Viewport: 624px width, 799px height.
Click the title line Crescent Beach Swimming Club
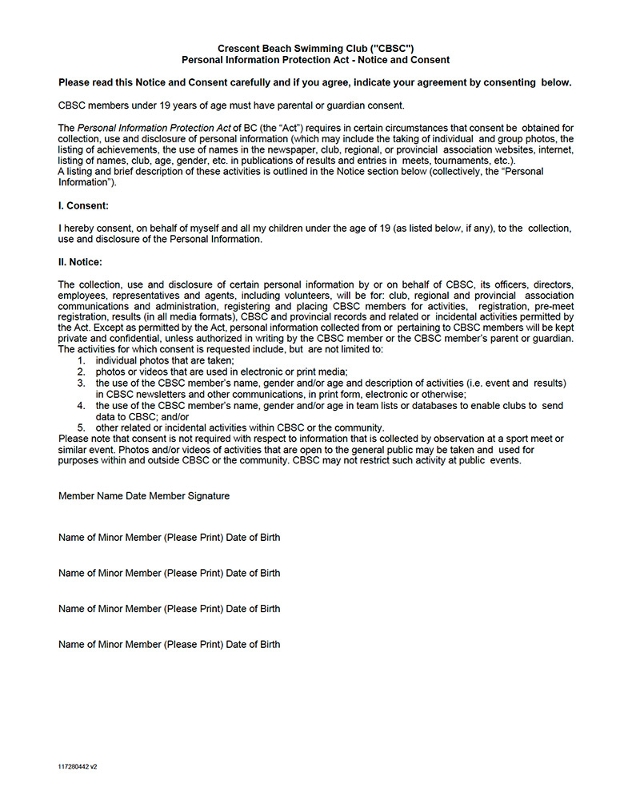click(315, 49)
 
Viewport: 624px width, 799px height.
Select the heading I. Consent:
click(83, 205)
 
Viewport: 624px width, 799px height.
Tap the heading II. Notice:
click(80, 262)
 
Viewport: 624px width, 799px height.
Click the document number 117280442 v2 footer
click(78, 766)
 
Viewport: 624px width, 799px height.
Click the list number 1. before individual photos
click(81, 360)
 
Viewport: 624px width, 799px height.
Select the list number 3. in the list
click(81, 383)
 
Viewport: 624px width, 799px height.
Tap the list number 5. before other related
click(81, 427)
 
